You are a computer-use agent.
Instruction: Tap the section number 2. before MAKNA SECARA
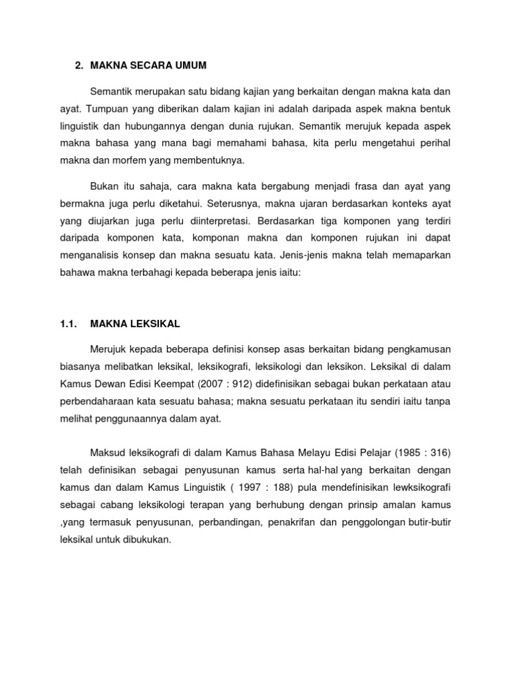click(79, 65)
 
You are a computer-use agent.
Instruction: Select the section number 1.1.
click(70, 324)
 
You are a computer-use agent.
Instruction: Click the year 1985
click(409, 453)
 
